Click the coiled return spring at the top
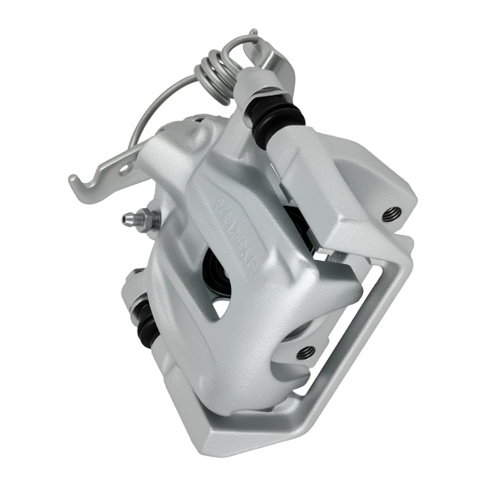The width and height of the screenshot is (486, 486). pos(214,68)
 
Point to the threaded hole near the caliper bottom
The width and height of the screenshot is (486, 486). pos(305,352)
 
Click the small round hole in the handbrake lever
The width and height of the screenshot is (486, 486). pos(126,166)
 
